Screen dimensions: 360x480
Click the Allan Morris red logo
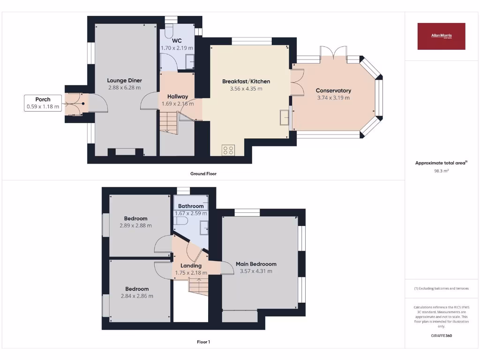tap(441, 36)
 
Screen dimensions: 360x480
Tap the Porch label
tap(43, 99)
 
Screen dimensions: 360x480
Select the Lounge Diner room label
tap(124, 81)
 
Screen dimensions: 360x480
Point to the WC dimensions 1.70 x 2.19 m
tap(177, 48)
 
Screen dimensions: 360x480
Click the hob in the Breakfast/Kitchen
tap(228, 150)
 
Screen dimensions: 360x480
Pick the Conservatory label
tap(333, 90)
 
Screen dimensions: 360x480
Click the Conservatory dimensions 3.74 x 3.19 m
tap(333, 97)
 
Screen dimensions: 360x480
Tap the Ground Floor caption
tap(203, 173)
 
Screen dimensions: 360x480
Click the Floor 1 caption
tap(203, 342)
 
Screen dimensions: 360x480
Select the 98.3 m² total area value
tap(441, 171)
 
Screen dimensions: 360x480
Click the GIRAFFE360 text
tap(441, 336)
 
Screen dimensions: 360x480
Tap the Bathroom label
tap(191, 206)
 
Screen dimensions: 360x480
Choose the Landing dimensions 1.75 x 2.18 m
tap(191, 273)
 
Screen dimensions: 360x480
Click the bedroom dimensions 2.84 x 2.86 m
tap(137, 296)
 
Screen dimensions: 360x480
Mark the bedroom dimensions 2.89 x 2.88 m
tap(136, 225)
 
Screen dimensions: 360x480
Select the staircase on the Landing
tap(198, 285)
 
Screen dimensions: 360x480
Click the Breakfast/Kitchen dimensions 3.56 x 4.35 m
tap(246, 89)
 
